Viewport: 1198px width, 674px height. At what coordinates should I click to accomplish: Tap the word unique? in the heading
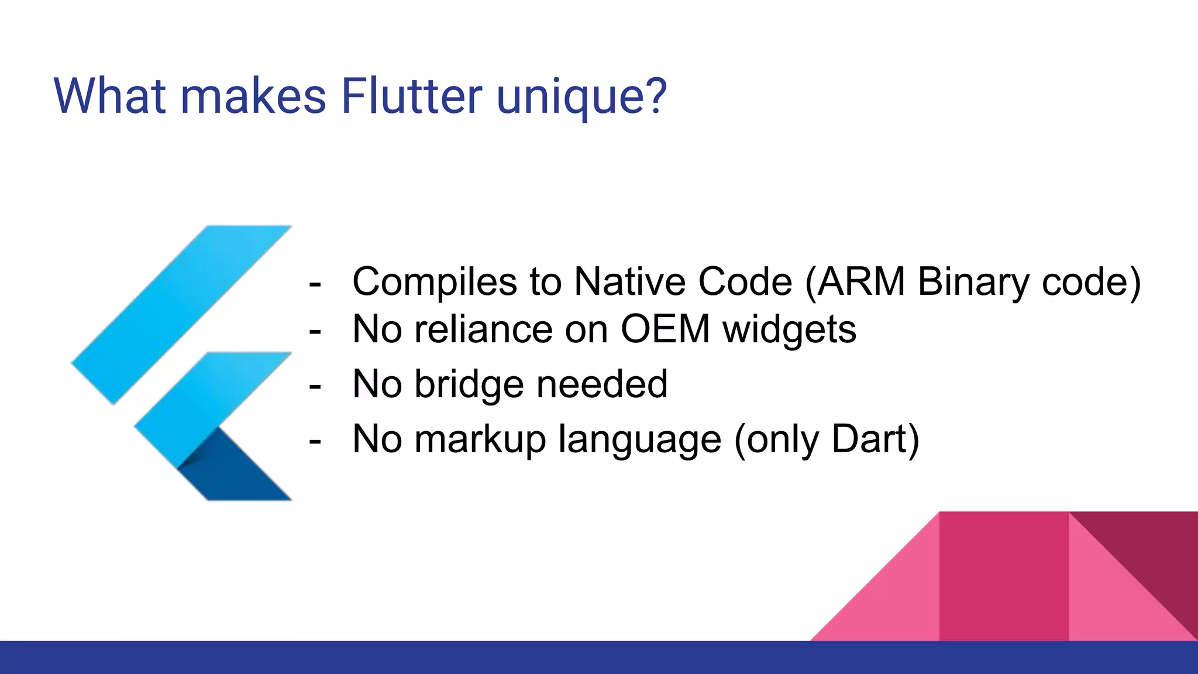pyautogui.click(x=582, y=97)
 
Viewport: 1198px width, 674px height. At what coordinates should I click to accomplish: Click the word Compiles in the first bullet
pyautogui.click(x=435, y=282)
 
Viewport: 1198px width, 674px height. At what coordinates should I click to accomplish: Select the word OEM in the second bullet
pyautogui.click(x=665, y=329)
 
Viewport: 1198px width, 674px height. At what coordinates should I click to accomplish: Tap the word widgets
pyautogui.click(x=789, y=330)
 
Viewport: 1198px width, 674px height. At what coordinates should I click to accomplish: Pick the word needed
pyautogui.click(x=602, y=384)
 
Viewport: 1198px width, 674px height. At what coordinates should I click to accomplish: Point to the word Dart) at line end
pyautogui.click(x=875, y=439)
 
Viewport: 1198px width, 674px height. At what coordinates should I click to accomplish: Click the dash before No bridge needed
pyautogui.click(x=315, y=386)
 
